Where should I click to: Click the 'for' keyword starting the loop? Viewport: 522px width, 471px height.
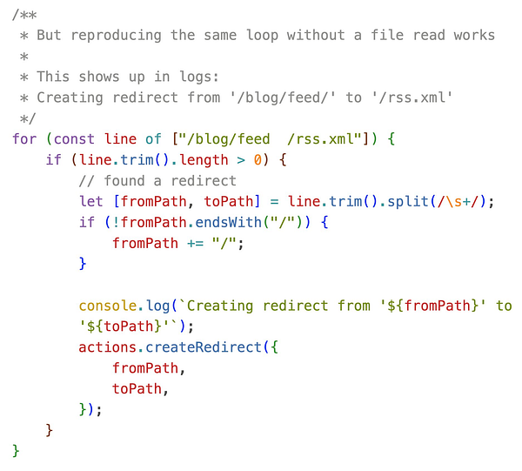25,139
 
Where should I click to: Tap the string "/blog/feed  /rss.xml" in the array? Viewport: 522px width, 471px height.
258,139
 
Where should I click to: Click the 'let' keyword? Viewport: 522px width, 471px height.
90,201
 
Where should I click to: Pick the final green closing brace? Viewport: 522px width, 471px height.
16,450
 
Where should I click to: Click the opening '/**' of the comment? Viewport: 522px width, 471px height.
22,14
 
